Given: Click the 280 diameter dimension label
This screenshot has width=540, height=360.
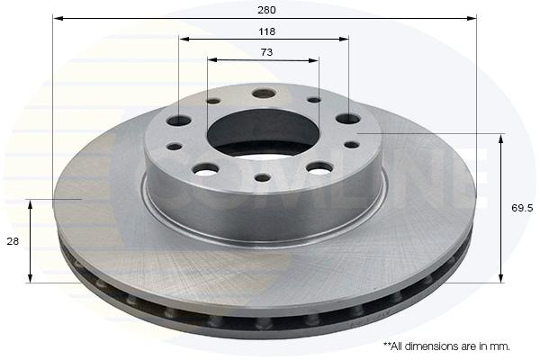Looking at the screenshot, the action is click(266, 10).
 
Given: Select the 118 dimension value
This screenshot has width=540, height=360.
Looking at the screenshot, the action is click(267, 31).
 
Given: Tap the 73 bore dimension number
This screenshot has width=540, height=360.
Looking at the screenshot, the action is click(266, 52).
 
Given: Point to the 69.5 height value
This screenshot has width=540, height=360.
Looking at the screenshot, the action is click(522, 208).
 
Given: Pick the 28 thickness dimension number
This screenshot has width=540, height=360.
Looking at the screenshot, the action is click(13, 241).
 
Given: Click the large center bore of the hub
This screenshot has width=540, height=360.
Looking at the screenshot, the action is click(263, 133).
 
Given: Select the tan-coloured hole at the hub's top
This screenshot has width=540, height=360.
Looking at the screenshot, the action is click(264, 93).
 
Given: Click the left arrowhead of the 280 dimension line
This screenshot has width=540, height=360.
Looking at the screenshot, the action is click(58, 18).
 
